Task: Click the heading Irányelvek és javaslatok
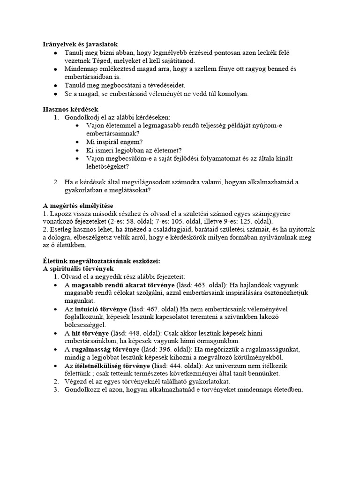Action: tap(80, 44)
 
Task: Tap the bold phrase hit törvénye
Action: tap(91, 333)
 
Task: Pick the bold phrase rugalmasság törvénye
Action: tap(106, 350)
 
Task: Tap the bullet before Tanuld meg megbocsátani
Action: tap(56, 85)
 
